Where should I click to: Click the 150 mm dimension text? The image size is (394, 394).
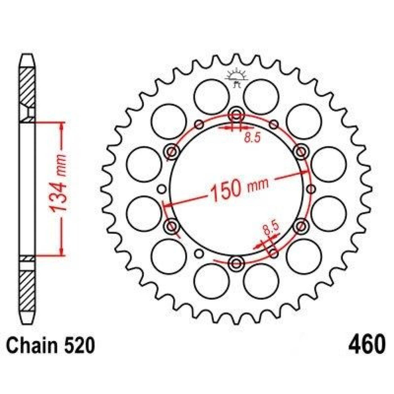point(239,189)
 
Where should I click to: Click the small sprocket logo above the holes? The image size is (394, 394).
point(237,79)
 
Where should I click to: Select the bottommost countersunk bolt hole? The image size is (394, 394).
point(236,263)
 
